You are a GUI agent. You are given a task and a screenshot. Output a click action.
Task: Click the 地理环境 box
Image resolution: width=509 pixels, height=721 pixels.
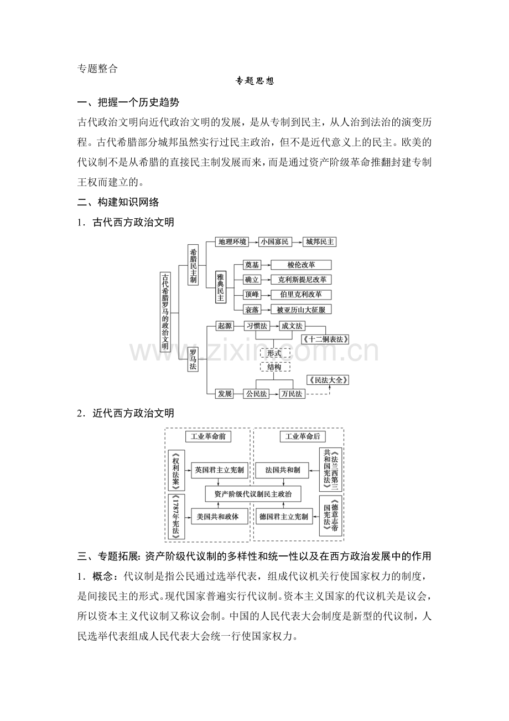[x=232, y=242]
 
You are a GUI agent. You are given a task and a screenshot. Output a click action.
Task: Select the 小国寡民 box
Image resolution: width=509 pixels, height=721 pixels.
[x=275, y=242]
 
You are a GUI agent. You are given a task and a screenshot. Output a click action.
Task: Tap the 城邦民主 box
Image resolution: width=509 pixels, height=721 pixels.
[x=319, y=242]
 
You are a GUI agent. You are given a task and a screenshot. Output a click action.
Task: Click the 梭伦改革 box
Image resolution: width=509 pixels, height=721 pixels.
[x=301, y=265]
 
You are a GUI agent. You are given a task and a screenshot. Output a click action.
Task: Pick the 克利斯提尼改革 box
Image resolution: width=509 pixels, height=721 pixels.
[x=301, y=280]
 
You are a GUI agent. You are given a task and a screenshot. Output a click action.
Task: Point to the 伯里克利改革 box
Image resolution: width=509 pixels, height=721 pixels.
[x=301, y=295]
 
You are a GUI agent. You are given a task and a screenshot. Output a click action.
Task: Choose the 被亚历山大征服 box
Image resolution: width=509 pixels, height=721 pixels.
[x=301, y=310]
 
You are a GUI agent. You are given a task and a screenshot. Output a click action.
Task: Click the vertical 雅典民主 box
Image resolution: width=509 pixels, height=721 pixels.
[x=221, y=287]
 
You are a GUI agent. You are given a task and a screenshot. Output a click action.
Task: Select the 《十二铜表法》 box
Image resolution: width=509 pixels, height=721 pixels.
[x=325, y=339]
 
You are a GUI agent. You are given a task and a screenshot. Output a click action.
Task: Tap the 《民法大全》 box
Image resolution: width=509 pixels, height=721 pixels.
[x=328, y=380]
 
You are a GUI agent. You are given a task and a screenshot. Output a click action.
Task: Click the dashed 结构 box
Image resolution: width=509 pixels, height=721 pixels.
[x=274, y=367]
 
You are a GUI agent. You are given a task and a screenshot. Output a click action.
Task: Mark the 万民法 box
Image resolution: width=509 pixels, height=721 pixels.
[x=292, y=394]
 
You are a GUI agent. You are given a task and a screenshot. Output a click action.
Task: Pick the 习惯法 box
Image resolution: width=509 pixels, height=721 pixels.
[x=257, y=326]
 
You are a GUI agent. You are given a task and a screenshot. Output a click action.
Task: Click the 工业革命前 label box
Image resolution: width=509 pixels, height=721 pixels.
[x=208, y=436]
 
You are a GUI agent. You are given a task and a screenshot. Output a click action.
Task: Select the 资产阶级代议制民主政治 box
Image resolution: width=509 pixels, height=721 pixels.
[x=253, y=494]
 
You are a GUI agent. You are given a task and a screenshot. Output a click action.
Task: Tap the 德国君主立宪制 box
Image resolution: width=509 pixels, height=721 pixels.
[x=284, y=517]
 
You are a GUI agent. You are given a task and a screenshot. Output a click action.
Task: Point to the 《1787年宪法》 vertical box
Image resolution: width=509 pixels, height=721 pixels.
[x=176, y=517]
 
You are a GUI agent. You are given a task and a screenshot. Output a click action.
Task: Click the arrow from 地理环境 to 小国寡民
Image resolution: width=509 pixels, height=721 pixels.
[x=254, y=242]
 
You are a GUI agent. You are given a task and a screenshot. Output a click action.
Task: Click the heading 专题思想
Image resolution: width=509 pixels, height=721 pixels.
[x=254, y=81]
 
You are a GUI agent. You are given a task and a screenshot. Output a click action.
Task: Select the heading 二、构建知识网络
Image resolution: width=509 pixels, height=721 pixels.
[x=118, y=202]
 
